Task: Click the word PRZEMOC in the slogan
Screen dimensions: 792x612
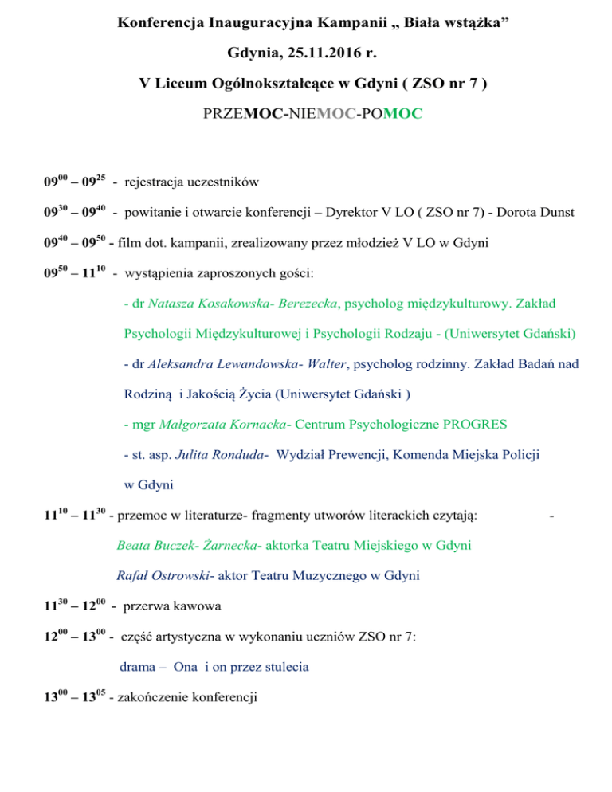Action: (x=234, y=115)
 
